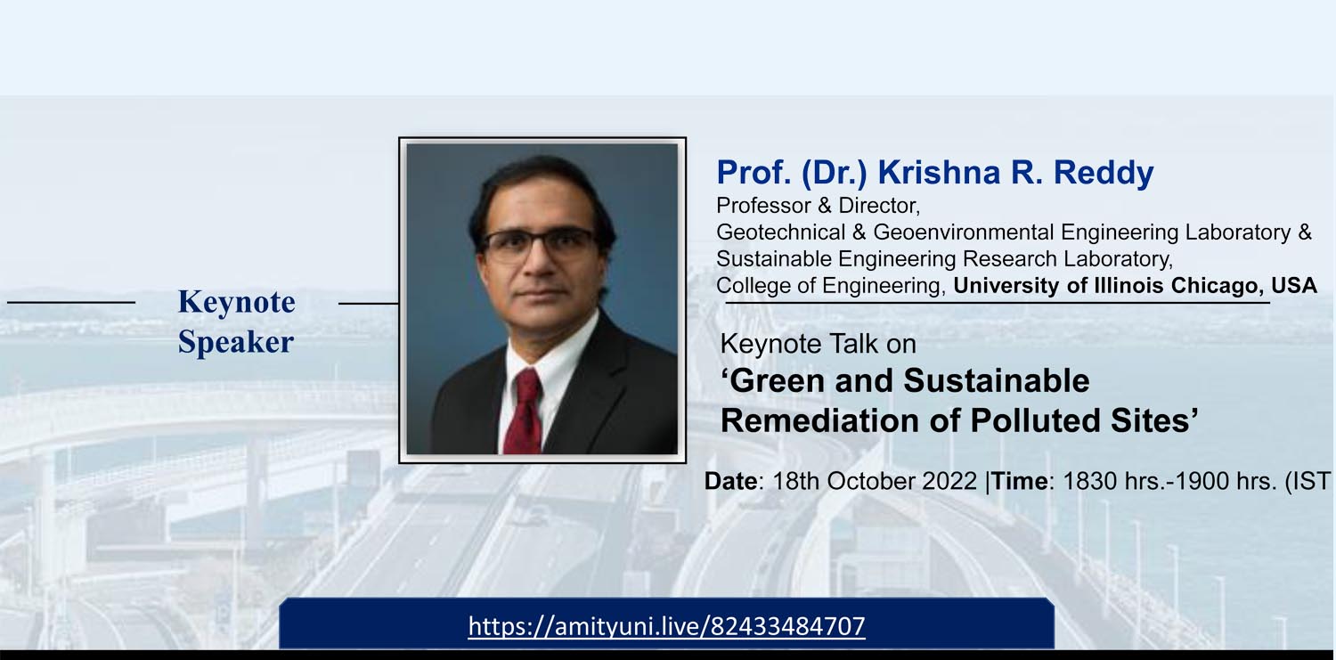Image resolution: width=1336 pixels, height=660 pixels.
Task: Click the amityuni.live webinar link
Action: coord(666,627)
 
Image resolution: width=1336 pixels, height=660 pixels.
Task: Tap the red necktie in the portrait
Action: coord(523,411)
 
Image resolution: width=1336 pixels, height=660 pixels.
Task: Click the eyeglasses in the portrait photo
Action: coord(539,244)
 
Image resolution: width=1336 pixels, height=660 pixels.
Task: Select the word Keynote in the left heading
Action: coord(236,302)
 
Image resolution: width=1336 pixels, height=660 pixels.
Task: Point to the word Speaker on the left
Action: coord(236,342)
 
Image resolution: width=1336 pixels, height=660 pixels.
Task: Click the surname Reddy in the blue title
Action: coord(1104,173)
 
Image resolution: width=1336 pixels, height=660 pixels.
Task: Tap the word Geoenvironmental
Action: coord(964,232)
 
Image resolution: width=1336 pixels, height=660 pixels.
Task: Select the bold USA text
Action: coord(1294,285)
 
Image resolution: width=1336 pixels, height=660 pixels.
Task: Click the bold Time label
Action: coord(1019,481)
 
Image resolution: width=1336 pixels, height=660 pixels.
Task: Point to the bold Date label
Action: coord(730,481)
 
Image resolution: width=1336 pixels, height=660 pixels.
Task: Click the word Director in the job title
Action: coord(878,206)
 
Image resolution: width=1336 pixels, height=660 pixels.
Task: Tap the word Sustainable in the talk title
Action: coord(996,381)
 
